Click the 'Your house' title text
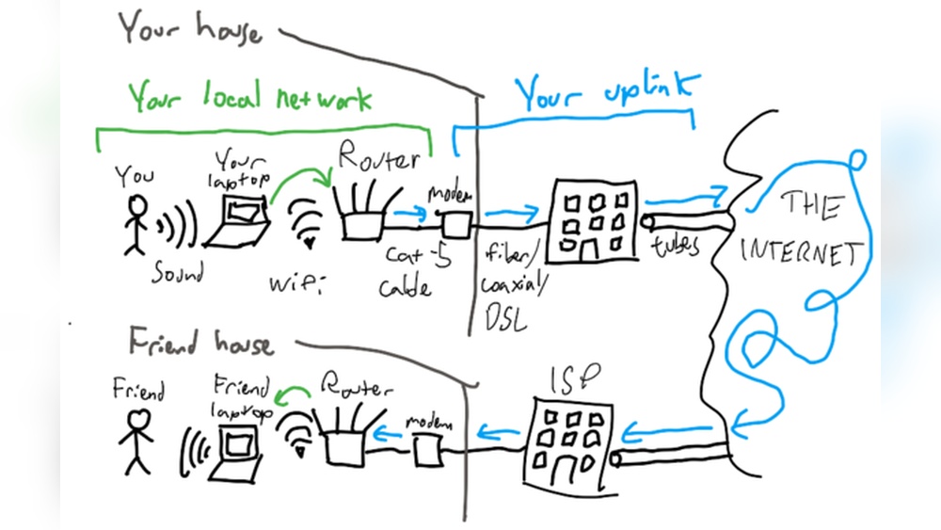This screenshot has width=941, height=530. point(188,28)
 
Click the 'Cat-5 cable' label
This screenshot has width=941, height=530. point(407,269)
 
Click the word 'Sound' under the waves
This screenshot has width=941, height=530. point(179,273)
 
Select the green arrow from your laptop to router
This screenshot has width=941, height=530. point(301,179)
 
